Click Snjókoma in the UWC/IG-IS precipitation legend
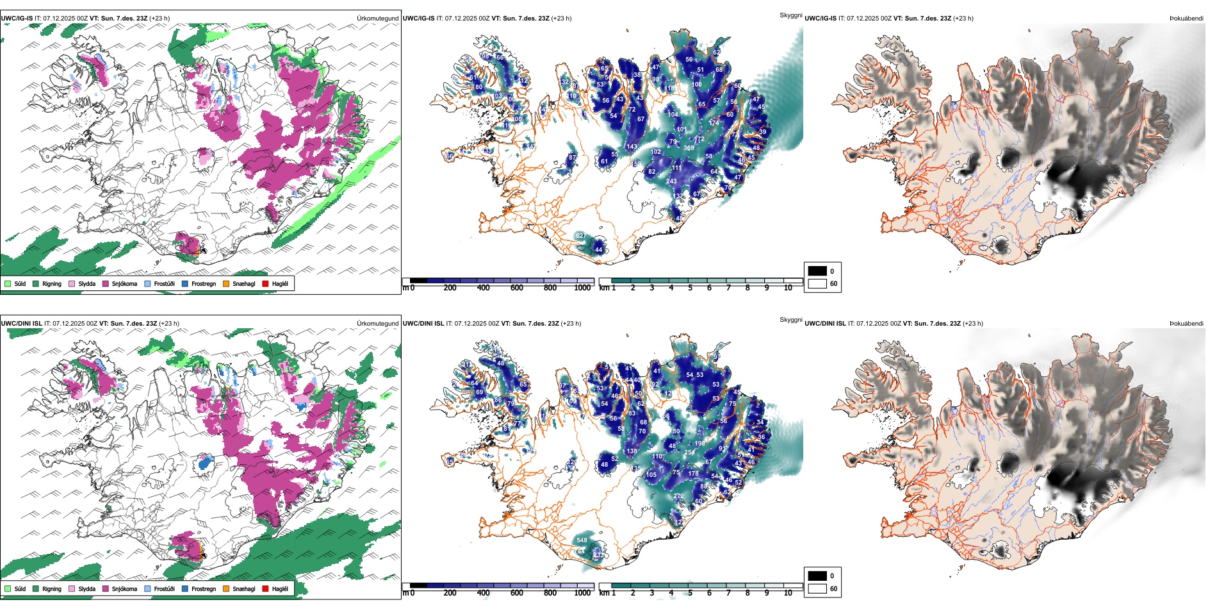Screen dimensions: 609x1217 pos(124,284)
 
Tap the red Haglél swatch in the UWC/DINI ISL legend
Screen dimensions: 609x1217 pos(266,588)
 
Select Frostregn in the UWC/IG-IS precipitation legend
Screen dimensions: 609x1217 pos(203,284)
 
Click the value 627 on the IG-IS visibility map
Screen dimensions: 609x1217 pos(581,236)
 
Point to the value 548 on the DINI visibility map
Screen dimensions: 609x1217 pos(582,540)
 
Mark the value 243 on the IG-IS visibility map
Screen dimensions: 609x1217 pos(671,181)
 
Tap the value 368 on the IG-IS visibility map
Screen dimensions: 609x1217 pos(689,148)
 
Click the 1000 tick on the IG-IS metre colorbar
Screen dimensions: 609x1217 pos(582,288)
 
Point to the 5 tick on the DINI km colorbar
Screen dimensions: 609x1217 pos(690,593)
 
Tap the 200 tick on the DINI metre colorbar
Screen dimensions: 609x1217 pos(450,593)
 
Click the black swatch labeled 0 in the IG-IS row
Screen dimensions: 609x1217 pos(817,271)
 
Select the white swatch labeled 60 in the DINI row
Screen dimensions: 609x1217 pos(817,588)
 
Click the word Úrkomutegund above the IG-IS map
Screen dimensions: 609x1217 pos(377,19)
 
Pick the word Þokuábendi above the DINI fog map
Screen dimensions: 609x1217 pos(1186,324)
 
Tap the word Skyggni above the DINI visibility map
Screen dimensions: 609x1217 pos(790,320)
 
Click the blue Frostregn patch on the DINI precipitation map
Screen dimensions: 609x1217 pos(205,462)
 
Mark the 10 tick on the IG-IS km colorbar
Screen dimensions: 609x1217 pos(788,288)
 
